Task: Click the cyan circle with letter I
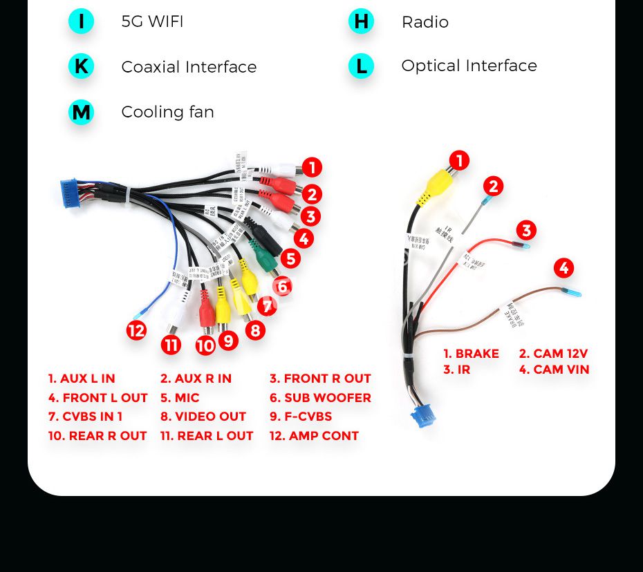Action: click(81, 21)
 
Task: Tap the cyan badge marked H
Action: click(361, 21)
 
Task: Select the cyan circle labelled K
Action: click(81, 66)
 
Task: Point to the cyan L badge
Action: click(361, 66)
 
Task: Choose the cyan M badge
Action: click(81, 112)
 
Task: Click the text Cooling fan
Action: click(167, 112)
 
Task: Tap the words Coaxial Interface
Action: click(189, 67)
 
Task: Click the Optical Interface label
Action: click(469, 66)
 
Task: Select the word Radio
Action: click(425, 22)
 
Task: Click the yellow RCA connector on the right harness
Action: click(440, 184)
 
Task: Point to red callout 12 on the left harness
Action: click(136, 331)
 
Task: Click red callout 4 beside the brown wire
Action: click(563, 268)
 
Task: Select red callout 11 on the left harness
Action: click(171, 344)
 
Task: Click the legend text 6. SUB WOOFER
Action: click(320, 398)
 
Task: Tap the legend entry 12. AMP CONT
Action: click(314, 436)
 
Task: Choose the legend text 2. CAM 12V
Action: click(553, 354)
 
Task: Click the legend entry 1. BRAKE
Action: click(471, 354)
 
